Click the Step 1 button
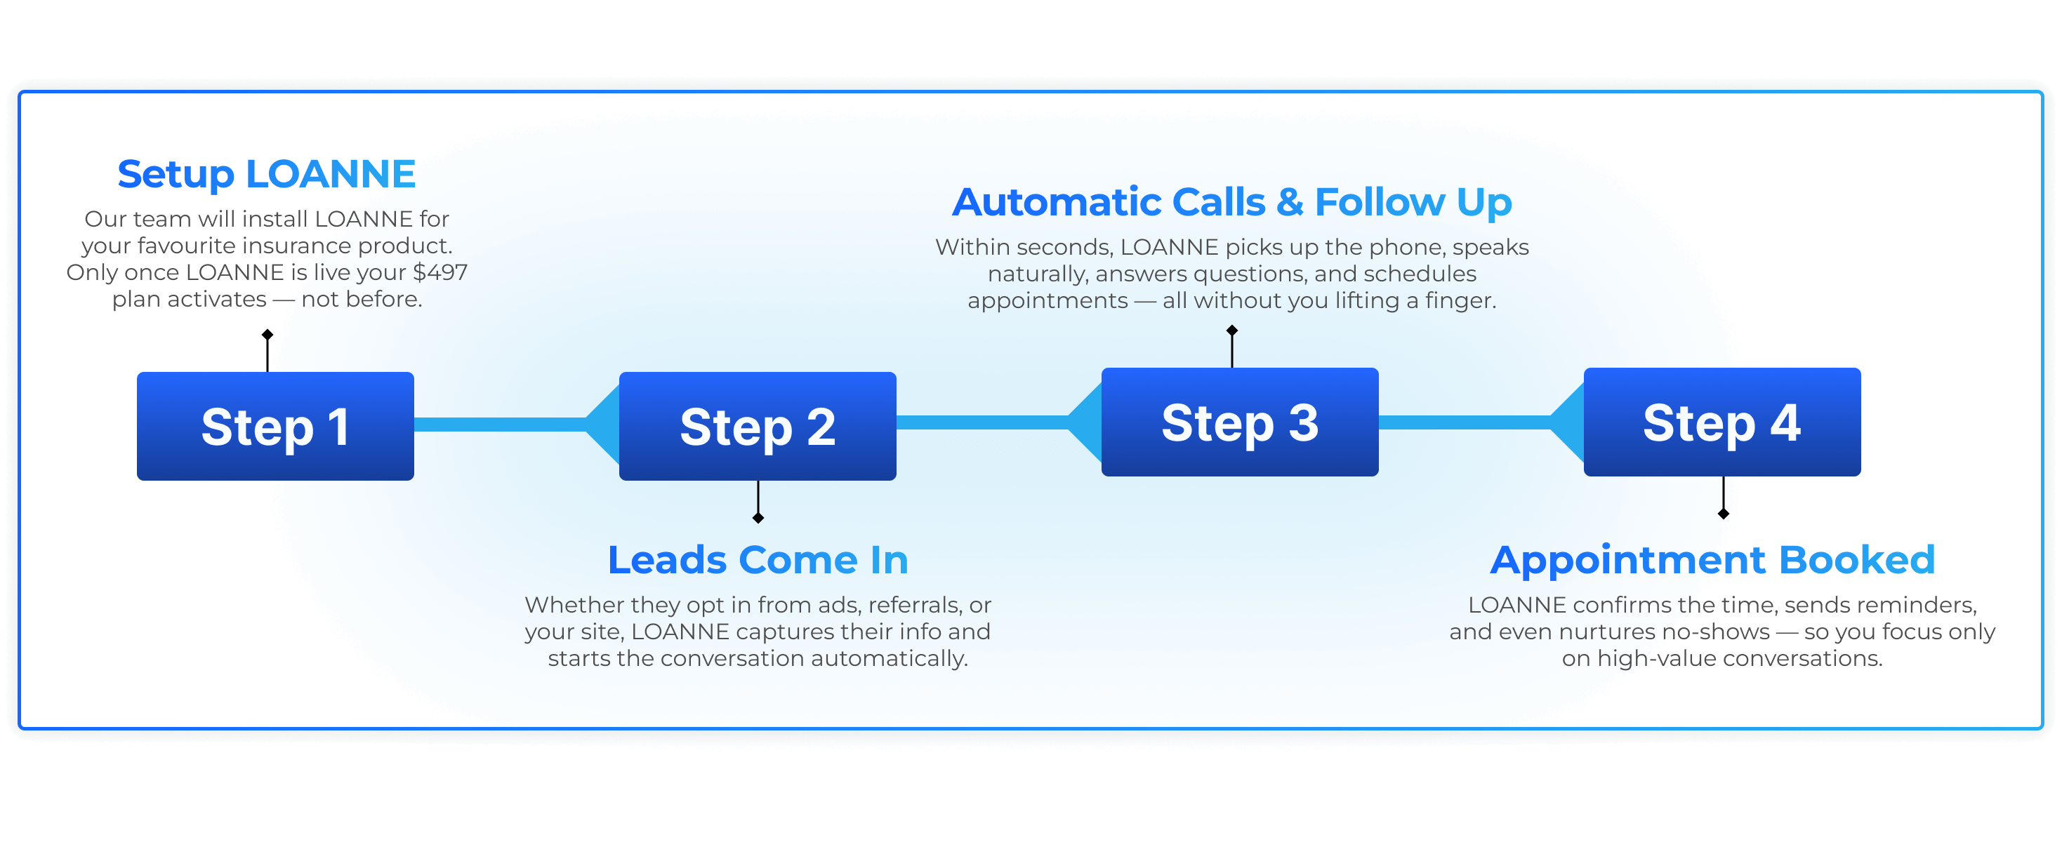click(x=275, y=426)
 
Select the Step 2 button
click(x=758, y=426)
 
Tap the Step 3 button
click(x=1239, y=422)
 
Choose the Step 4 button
click(x=1721, y=422)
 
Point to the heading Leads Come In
click(x=758, y=559)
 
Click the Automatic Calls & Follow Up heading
click(x=1231, y=201)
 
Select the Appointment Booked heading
click(x=1712, y=559)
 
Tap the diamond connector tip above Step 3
click(x=1232, y=331)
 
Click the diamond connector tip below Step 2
click(x=758, y=519)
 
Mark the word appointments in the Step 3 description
click(x=1047, y=301)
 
